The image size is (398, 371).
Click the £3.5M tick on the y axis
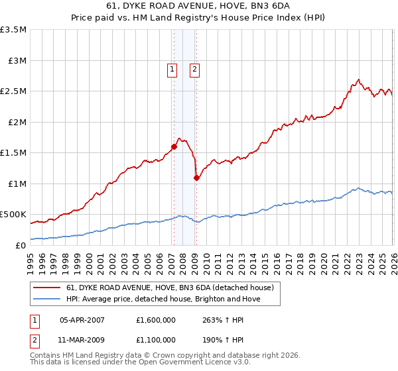coord(13,30)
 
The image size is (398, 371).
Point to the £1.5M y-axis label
coord(13,153)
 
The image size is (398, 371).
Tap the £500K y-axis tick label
coord(13,215)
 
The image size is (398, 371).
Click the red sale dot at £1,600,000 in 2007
coord(174,146)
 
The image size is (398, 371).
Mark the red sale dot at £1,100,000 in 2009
coord(196,178)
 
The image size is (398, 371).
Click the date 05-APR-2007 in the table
coord(83,319)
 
